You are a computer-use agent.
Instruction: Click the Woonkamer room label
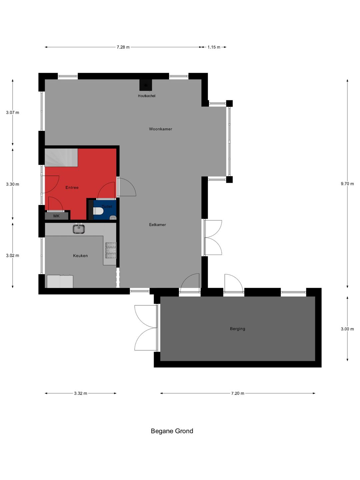(160, 129)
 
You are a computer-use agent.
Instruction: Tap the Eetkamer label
(157, 225)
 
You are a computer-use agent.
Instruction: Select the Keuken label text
(80, 256)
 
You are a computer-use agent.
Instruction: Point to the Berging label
(237, 329)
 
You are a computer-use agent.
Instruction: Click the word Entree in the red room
(72, 188)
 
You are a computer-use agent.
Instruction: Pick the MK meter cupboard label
(56, 216)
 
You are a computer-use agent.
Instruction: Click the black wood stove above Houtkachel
(146, 85)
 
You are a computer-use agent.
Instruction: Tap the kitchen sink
(79, 229)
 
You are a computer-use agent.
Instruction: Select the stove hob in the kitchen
(111, 250)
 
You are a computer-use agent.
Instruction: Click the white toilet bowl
(99, 211)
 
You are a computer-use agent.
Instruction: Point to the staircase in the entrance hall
(61, 157)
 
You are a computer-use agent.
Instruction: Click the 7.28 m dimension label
(123, 47)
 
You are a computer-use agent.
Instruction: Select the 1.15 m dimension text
(214, 47)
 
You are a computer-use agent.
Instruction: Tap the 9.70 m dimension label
(347, 184)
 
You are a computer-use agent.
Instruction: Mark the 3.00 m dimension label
(347, 329)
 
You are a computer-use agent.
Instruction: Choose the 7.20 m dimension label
(238, 393)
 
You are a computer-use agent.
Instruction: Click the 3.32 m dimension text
(81, 393)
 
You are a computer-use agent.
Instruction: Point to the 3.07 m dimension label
(13, 113)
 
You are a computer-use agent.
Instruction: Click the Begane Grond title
(172, 431)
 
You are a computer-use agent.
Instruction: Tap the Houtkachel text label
(147, 96)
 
